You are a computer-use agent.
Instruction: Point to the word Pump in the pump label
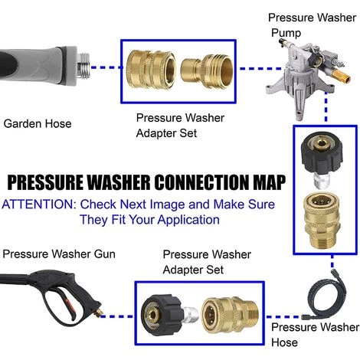[x=286, y=33]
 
